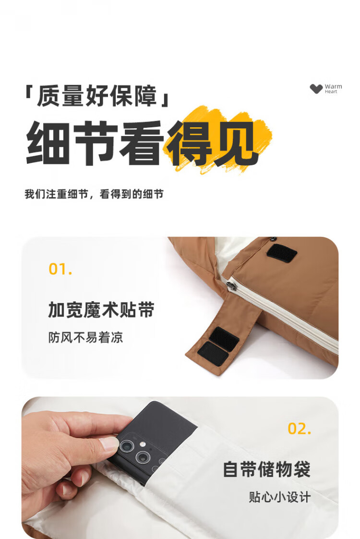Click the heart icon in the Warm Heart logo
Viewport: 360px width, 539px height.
(316, 89)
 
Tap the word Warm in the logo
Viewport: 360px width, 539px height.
(333, 86)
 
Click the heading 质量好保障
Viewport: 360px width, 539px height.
(97, 96)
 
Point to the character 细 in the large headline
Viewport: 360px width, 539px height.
(48, 142)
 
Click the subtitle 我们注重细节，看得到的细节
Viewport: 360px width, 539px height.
(94, 194)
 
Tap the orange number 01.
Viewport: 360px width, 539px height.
(60, 269)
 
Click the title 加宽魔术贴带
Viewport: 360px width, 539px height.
(101, 310)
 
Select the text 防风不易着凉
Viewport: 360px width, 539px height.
(85, 337)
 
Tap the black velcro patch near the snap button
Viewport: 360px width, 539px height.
(282, 253)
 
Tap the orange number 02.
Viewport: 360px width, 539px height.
(300, 429)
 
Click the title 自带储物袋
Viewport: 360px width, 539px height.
(266, 469)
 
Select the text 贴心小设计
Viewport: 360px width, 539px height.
(280, 497)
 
